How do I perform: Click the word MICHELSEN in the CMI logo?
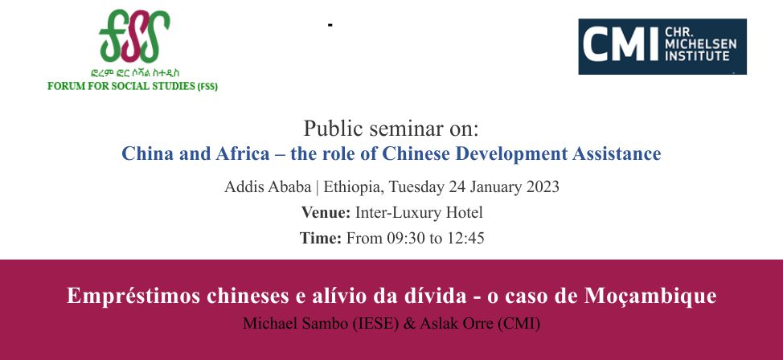[x=701, y=44]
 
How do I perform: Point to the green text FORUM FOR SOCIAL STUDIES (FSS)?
[x=133, y=86]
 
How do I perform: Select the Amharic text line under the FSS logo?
[x=135, y=73]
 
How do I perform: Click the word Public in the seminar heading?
[x=326, y=129]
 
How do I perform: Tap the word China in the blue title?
[x=146, y=153]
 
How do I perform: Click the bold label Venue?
[x=326, y=213]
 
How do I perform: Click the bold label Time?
[x=321, y=238]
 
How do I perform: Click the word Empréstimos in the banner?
[x=133, y=297]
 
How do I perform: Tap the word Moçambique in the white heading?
[x=650, y=297]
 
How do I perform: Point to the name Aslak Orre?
[x=457, y=324]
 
